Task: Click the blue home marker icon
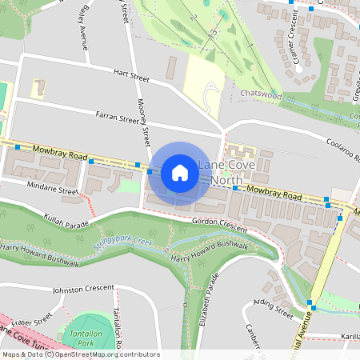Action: tap(180, 172)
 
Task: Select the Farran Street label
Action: tap(117, 119)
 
